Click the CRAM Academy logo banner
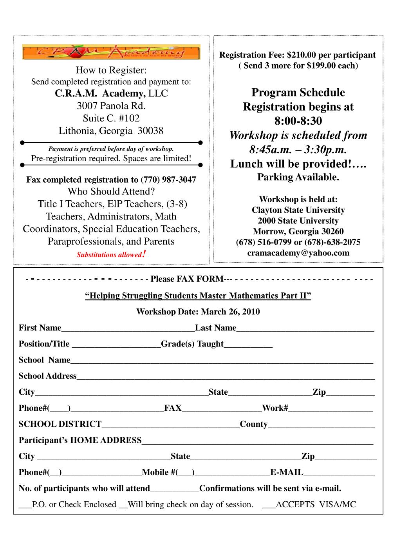pos(111,52)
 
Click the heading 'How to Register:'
pos(111,71)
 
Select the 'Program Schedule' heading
pos(298,93)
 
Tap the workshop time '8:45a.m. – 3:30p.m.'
pos(298,150)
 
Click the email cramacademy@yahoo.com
pos(298,253)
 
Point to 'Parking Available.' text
pos(298,177)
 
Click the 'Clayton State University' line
pos(298,210)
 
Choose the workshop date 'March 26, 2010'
pos(230,312)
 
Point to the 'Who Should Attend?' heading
pos(111,192)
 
